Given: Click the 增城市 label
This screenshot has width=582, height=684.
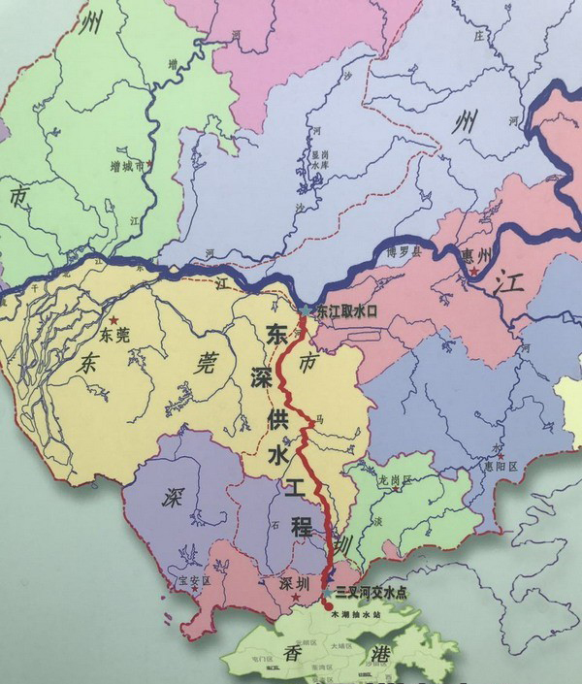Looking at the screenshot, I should point(128,166).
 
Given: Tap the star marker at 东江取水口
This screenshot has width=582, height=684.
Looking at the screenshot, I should point(307,310).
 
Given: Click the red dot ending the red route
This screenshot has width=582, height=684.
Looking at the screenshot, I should point(326,604).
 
